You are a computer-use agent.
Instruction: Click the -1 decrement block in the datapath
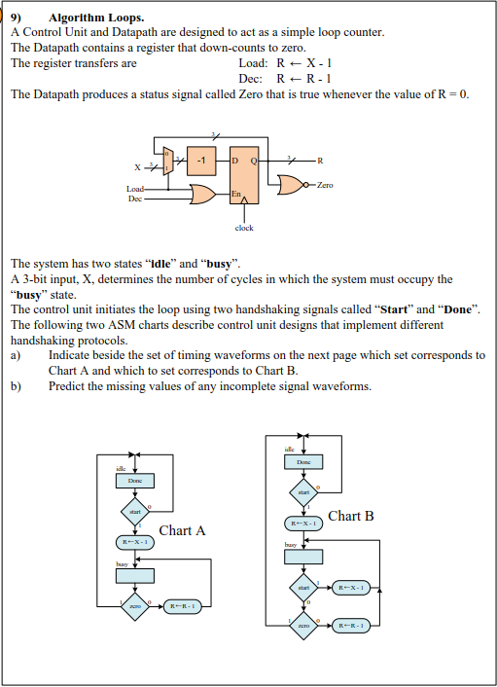pyautogui.click(x=200, y=160)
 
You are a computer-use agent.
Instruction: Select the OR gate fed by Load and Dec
pyautogui.click(x=200, y=194)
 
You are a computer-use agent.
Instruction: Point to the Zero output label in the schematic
pyautogui.click(x=323, y=183)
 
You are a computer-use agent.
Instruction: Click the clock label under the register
pyautogui.click(x=244, y=228)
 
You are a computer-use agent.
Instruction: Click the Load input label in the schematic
pyautogui.click(x=137, y=189)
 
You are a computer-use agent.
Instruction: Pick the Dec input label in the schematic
pyautogui.click(x=135, y=199)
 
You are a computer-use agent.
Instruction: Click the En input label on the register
pyautogui.click(x=235, y=196)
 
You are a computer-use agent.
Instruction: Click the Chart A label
pyautogui.click(x=182, y=530)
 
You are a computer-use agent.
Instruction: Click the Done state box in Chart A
pyautogui.click(x=135, y=481)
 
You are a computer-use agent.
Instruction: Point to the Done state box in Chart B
pyautogui.click(x=304, y=463)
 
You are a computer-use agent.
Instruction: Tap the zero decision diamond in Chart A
pyautogui.click(x=134, y=605)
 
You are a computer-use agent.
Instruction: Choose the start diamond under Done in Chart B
pyautogui.click(x=303, y=492)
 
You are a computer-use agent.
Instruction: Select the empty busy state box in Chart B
pyautogui.click(x=304, y=557)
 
